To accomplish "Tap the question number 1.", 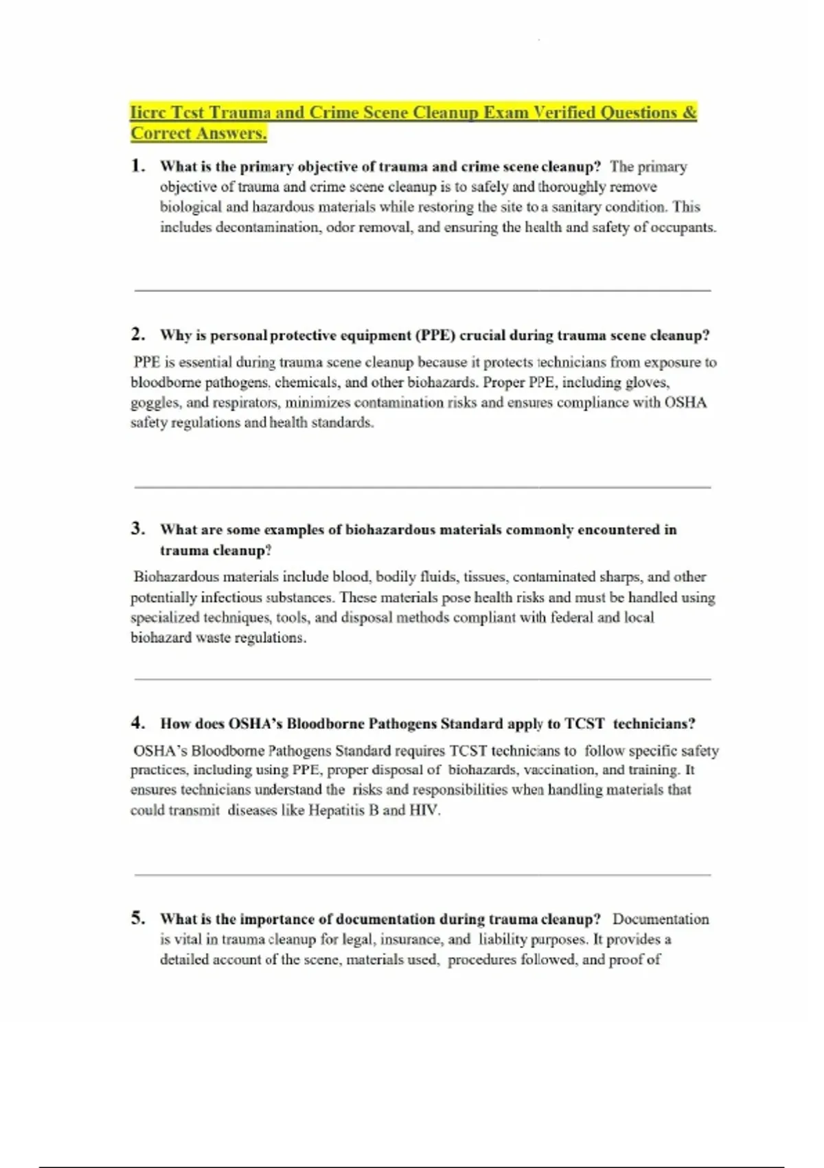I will pos(138,166).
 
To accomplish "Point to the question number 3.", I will pos(138,528).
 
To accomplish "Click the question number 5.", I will pos(138,918).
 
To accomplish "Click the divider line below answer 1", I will pos(422,291).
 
